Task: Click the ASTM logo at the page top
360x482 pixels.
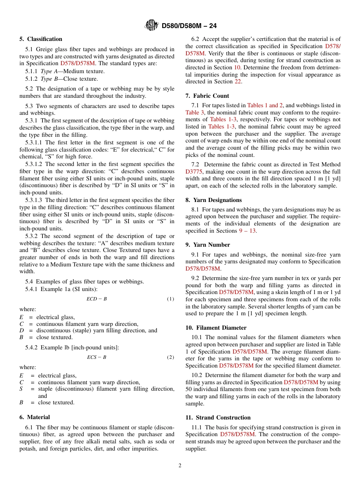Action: click(x=152, y=26)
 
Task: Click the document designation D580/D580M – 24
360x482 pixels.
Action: click(x=189, y=26)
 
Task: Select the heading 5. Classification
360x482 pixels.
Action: click(x=41, y=39)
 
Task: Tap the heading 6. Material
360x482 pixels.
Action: click(x=34, y=417)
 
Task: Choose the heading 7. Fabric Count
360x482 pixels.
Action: click(x=207, y=96)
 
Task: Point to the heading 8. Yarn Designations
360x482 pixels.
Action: click(x=213, y=200)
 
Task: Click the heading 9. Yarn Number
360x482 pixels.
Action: click(x=208, y=245)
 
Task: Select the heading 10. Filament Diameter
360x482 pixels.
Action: click(x=216, y=328)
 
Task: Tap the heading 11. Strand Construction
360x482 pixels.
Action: click(x=218, y=418)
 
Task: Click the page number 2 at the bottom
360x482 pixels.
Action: click(x=180, y=466)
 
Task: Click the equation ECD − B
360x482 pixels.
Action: click(x=97, y=299)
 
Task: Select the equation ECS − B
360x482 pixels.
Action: click(x=97, y=357)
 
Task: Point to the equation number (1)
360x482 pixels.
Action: click(x=171, y=299)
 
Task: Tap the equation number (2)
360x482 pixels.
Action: click(x=171, y=357)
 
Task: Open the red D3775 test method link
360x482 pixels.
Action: click(x=194, y=172)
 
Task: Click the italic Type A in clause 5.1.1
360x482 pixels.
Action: click(x=46, y=71)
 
